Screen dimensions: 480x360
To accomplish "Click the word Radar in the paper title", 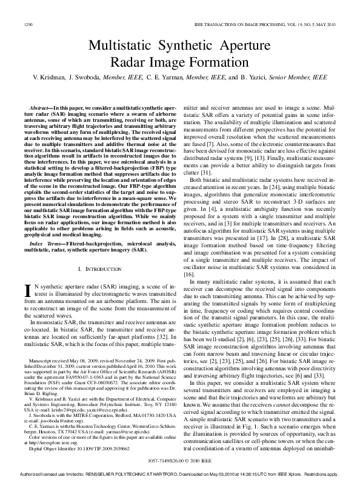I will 128,61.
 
